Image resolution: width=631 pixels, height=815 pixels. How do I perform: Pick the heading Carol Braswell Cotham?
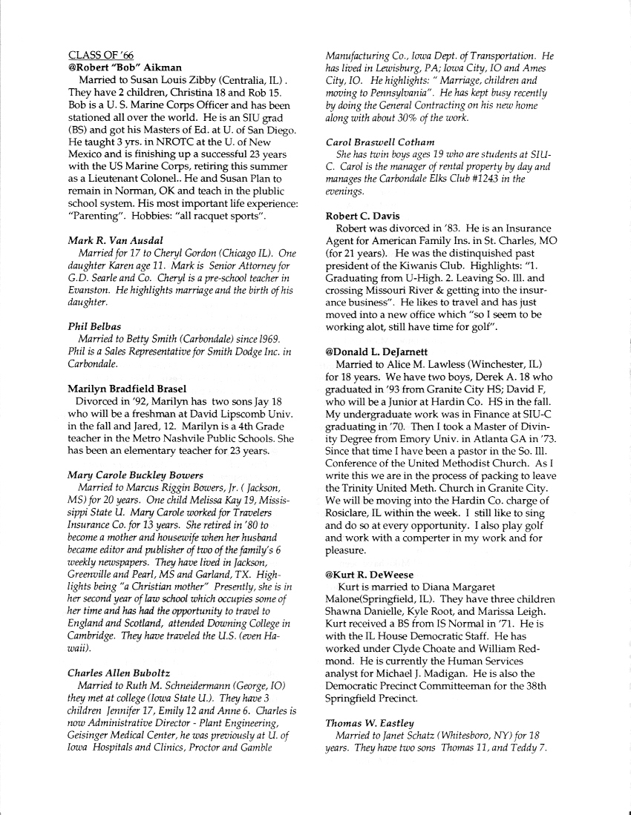[x=380, y=142]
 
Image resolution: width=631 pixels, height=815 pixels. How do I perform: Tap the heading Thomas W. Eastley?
[x=368, y=722]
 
